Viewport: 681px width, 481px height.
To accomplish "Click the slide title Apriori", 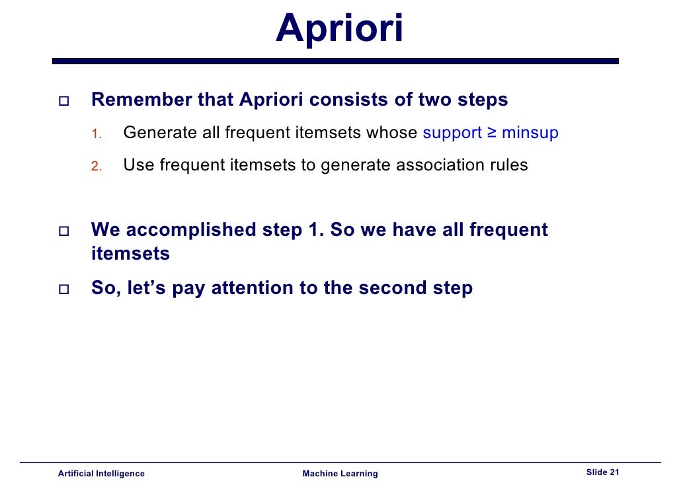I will point(339,29).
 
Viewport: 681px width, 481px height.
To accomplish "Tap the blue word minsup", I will point(530,133).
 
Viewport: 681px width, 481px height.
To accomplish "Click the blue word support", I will point(452,133).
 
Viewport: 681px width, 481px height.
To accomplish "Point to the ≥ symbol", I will point(492,133).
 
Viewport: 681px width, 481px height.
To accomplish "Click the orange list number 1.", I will point(95,134).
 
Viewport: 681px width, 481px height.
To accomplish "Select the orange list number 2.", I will point(95,166).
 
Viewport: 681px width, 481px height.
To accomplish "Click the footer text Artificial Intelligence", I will point(101,473).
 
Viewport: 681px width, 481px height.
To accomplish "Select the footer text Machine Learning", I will point(340,473).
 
